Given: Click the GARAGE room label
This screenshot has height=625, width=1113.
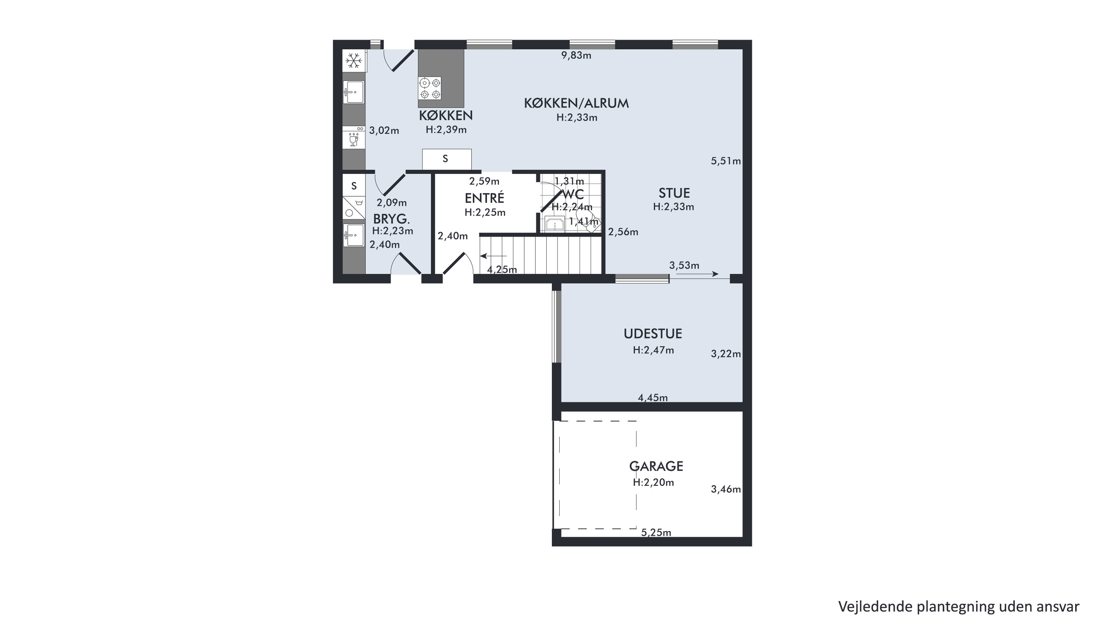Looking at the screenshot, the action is (x=656, y=467).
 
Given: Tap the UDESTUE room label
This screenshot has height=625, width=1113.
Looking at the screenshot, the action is (x=653, y=334).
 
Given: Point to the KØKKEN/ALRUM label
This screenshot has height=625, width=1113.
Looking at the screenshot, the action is (x=576, y=103).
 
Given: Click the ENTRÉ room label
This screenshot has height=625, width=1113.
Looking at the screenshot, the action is (x=484, y=198).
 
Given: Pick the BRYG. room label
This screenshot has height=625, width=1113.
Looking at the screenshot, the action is (x=392, y=218).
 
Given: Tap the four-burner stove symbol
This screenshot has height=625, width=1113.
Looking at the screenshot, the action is (x=429, y=88).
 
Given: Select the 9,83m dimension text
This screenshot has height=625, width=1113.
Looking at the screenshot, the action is (x=576, y=55).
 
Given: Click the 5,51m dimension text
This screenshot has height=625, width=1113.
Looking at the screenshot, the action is (x=726, y=161).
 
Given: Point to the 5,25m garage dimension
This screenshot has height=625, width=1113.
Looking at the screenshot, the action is (x=656, y=533).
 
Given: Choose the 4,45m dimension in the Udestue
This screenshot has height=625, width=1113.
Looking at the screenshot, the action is (x=653, y=397).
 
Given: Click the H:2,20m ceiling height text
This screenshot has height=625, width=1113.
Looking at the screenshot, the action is (x=653, y=483).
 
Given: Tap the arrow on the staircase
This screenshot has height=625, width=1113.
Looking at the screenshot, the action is (x=494, y=256).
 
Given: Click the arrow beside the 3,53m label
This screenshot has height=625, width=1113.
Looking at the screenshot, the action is (x=694, y=274).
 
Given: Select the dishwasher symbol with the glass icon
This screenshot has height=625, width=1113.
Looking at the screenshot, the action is (x=354, y=137).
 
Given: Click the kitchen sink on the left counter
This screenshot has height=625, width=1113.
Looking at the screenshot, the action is (x=354, y=92).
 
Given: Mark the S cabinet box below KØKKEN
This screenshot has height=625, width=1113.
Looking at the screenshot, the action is (x=447, y=159).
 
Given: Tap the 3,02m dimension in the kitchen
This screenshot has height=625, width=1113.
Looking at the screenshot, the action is (x=384, y=131).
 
